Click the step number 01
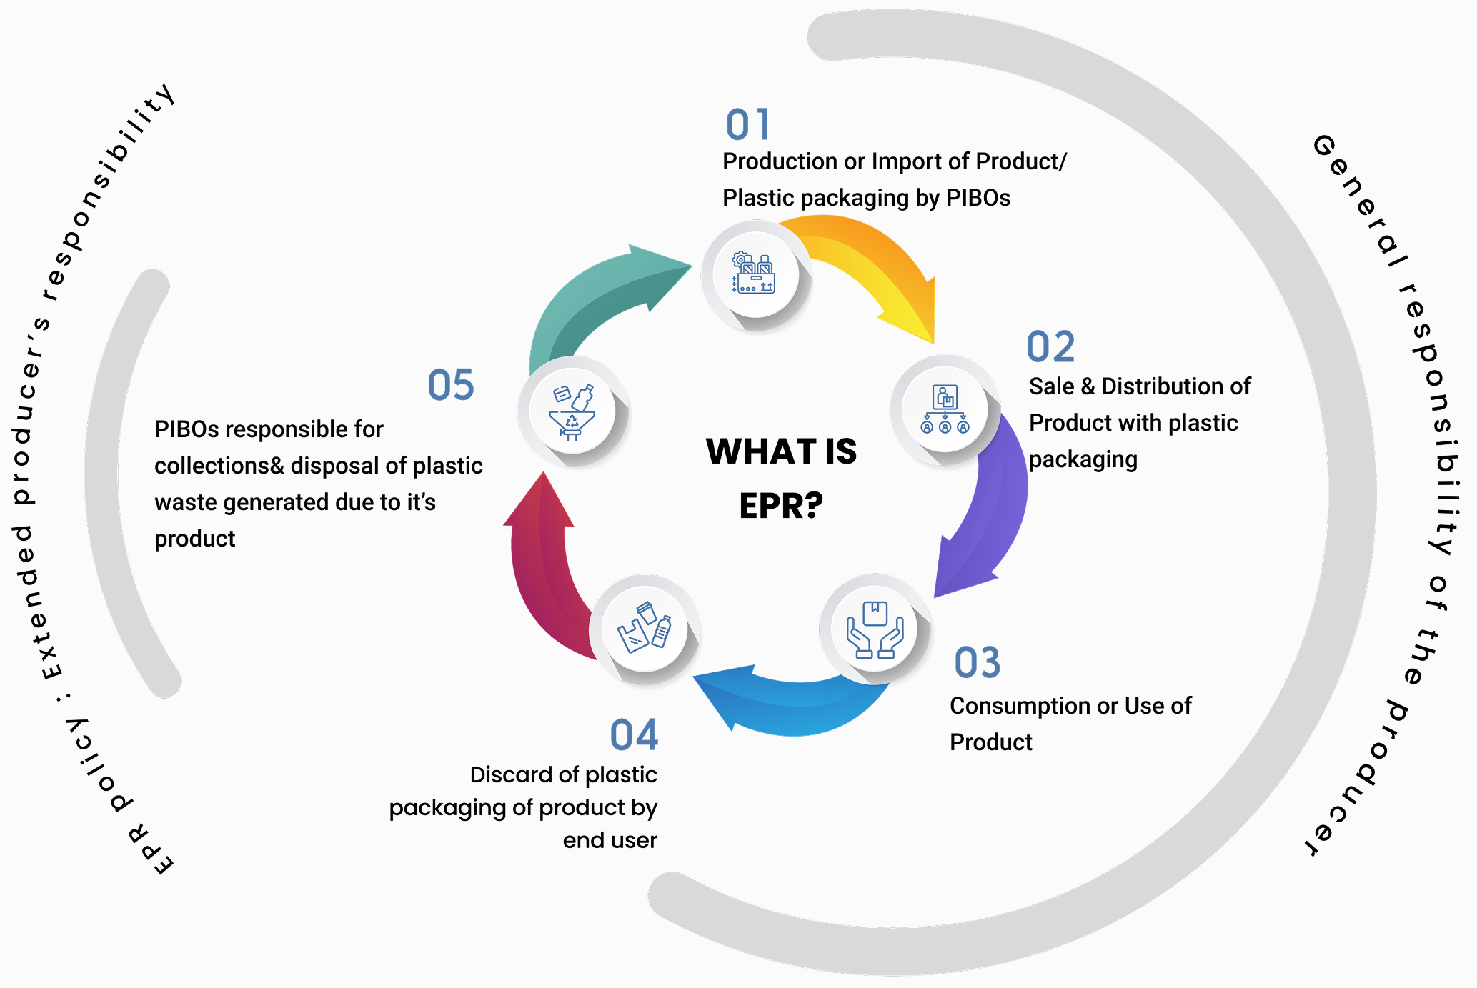click(747, 125)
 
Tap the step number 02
click(1050, 347)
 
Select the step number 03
click(977, 663)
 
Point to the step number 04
click(634, 735)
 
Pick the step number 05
click(450, 385)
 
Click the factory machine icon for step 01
click(755, 274)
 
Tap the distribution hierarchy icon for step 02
click(945, 409)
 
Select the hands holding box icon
click(875, 629)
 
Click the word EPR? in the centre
click(781, 506)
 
